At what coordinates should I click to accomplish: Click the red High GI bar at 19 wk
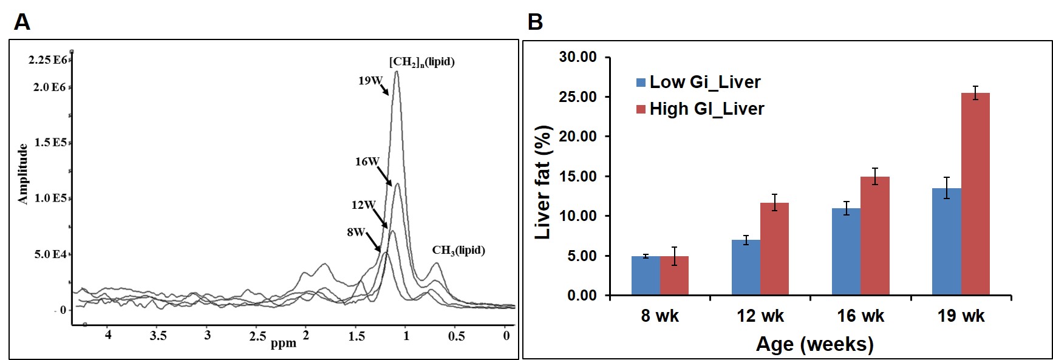coord(975,194)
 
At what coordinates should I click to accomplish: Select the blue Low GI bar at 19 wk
coord(946,242)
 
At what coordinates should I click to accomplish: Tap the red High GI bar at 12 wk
coord(774,249)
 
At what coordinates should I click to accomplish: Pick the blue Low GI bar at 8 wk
coord(646,276)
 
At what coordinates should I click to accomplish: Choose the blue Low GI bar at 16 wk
coord(846,252)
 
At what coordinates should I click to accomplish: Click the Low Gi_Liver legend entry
coord(698,82)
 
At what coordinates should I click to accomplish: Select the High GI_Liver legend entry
coord(700,109)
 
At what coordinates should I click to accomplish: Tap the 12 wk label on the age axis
coord(760,316)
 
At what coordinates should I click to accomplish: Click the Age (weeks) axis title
coord(814,344)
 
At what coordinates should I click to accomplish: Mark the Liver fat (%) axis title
coord(542,182)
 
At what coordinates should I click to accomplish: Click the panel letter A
coord(22,22)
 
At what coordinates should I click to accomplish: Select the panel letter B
coord(535,22)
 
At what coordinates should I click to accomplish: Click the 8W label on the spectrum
coord(356,233)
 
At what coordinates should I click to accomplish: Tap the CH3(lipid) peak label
coord(458,250)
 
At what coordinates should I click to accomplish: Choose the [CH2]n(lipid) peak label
coord(421,61)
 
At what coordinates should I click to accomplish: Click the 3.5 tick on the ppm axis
coord(158,336)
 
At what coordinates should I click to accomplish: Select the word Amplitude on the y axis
coord(23,174)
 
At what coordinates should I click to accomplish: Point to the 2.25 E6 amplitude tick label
coord(47,59)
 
